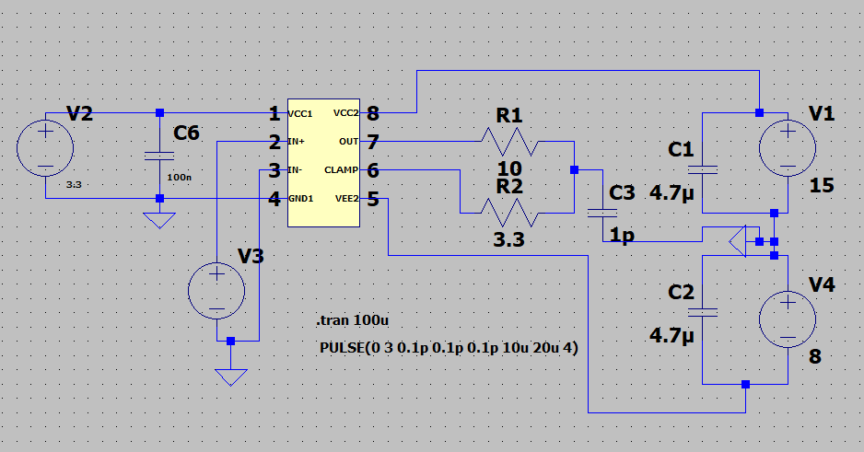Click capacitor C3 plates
coord(602,213)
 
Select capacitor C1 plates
coord(703,169)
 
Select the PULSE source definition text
coord(448,348)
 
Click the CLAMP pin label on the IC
coord(341,170)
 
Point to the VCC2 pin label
coord(344,114)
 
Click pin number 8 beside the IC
coord(372,114)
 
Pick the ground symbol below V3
coord(230,376)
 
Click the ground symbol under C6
coord(159,221)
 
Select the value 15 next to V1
coord(821,186)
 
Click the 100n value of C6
coord(179,175)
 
